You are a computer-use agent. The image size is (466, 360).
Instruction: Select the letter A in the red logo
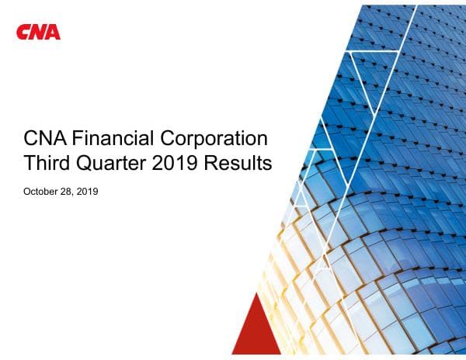coord(54,32)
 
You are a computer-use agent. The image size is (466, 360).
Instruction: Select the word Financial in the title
coord(113,140)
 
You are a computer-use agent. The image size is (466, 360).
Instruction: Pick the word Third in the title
coord(47,164)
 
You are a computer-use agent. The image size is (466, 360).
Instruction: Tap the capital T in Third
coord(30,164)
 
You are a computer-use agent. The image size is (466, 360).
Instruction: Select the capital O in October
coord(28,191)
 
